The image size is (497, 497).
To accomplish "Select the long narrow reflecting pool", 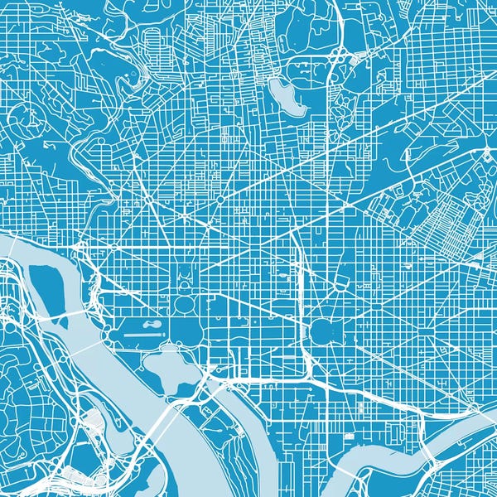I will (x=145, y=334).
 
